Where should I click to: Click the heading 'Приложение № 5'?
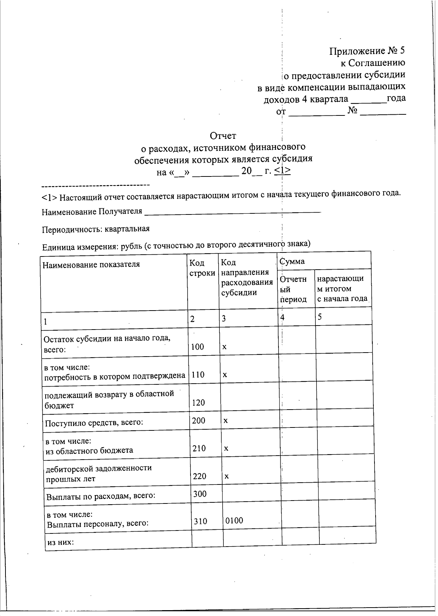pos(367,51)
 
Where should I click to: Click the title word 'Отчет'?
pos(223,136)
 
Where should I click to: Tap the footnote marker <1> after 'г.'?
pos(282,171)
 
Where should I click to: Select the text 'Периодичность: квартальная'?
pos(96,229)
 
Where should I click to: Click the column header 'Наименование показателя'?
pos(91,264)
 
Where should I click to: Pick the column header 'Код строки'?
pos(202,268)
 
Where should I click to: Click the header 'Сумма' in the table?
pos(292,261)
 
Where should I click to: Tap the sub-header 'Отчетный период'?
pos(293,289)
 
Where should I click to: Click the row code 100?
pos(197,347)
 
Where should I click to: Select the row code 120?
pos(198,403)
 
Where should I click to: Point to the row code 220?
pos(200,476)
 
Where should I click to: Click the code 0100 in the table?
pos(234,521)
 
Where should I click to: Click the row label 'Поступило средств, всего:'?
pos(93,423)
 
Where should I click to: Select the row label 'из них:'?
pos(61,542)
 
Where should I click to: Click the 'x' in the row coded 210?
pos(226,448)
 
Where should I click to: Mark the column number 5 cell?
pos(320,317)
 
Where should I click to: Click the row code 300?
pos(200,494)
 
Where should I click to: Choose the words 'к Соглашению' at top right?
pos(373,63)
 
